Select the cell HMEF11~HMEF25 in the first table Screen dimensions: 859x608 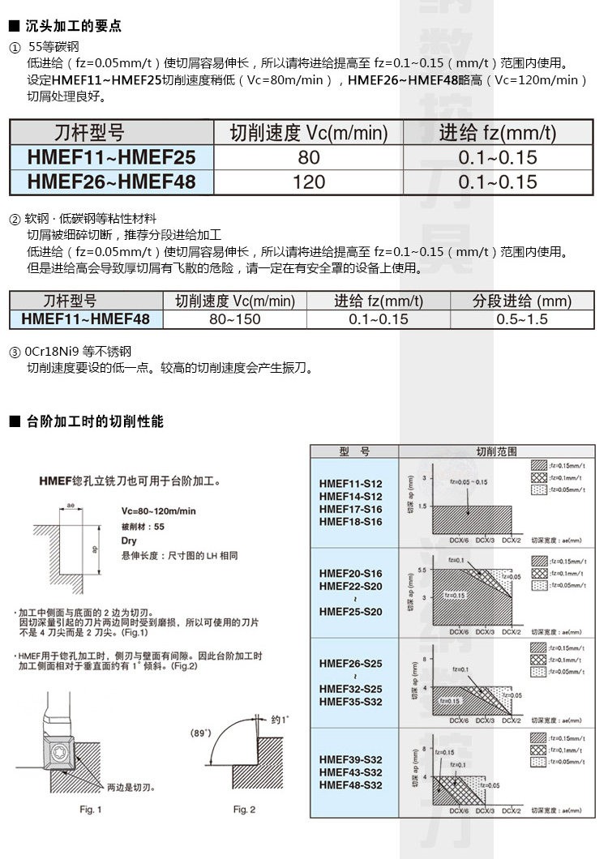click(111, 157)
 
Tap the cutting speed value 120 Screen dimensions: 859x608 click(308, 182)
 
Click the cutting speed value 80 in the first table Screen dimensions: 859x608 click(308, 157)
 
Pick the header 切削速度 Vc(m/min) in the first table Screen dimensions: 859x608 click(308, 133)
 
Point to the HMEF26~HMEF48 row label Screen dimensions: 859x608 click(111, 182)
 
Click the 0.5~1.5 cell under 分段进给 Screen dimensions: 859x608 click(521, 319)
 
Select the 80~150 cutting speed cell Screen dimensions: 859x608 click(234, 319)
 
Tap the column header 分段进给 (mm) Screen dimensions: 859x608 click(521, 301)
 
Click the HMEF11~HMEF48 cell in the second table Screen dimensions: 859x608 click(86, 319)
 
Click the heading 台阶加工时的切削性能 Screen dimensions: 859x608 click(95, 422)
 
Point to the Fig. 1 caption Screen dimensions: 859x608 click(90, 810)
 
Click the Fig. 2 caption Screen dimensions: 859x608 click(244, 810)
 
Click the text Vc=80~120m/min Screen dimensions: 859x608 click(158, 511)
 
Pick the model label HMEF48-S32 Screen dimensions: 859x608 click(350, 785)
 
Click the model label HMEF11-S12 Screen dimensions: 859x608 click(350, 483)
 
